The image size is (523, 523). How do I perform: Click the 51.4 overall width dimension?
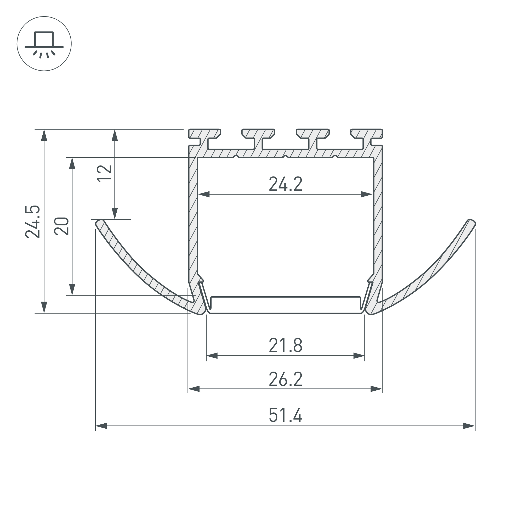[x=285, y=415]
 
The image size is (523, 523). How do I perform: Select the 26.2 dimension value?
[x=285, y=379]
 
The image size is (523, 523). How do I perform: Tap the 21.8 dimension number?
[x=285, y=345]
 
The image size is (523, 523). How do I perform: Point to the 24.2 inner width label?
[x=285, y=184]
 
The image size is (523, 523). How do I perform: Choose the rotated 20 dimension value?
[x=61, y=226]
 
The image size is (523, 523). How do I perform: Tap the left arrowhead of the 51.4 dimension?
[x=101, y=426]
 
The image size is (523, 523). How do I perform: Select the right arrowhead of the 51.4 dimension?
[x=469, y=426]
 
